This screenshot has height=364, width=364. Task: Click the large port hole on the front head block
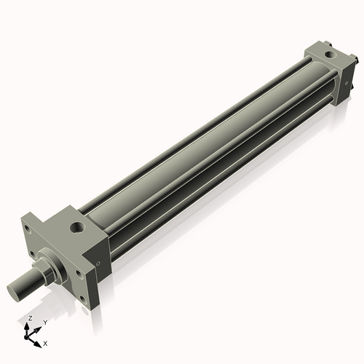coord(78,227)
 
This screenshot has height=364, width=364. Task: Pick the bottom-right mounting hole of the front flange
coord(83,299)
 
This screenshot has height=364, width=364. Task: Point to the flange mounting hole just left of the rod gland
coord(32,254)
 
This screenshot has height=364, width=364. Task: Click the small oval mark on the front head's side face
coord(98,264)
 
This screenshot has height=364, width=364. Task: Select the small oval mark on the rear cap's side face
coord(347,83)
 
